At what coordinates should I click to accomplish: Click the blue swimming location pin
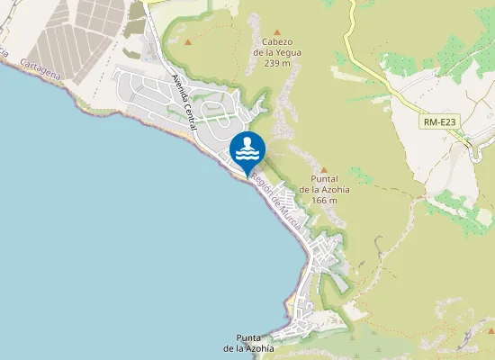(247, 151)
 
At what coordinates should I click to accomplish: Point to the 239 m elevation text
(277, 62)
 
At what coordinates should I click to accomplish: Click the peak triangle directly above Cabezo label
(275, 27)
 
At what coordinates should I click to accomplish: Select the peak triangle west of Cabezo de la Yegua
(188, 41)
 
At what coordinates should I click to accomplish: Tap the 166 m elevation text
(324, 200)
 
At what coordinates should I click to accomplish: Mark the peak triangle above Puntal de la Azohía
(324, 167)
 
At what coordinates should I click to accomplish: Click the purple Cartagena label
(40, 69)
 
